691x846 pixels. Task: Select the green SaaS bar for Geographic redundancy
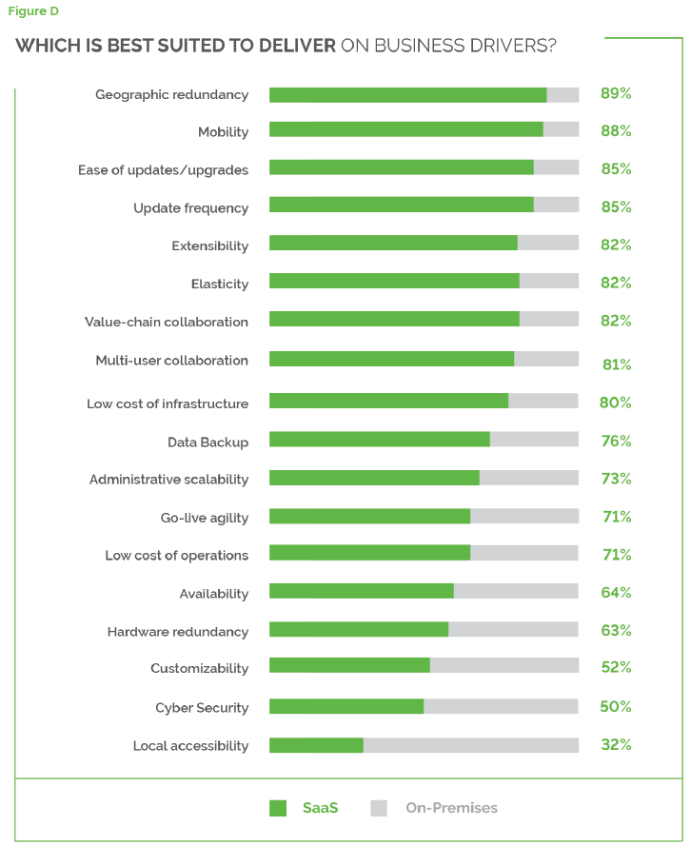(407, 95)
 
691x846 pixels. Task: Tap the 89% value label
(616, 94)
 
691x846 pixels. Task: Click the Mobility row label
(223, 132)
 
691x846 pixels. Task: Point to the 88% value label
(616, 131)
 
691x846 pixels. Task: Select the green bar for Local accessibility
(316, 745)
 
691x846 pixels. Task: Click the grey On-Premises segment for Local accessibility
(470, 745)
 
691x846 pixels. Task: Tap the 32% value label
(616, 745)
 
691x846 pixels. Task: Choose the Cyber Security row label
(202, 708)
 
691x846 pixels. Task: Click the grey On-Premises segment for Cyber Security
(501, 706)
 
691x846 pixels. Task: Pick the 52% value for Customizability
(616, 668)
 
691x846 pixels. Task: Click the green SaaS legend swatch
(278, 808)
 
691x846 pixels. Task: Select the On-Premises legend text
(451, 808)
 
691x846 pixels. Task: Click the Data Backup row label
(207, 442)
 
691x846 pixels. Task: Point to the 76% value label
(616, 441)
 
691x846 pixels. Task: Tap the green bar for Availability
(361, 591)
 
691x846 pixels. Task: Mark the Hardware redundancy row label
(177, 632)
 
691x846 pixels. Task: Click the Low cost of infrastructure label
(168, 403)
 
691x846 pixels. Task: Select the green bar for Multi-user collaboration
(391, 359)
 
